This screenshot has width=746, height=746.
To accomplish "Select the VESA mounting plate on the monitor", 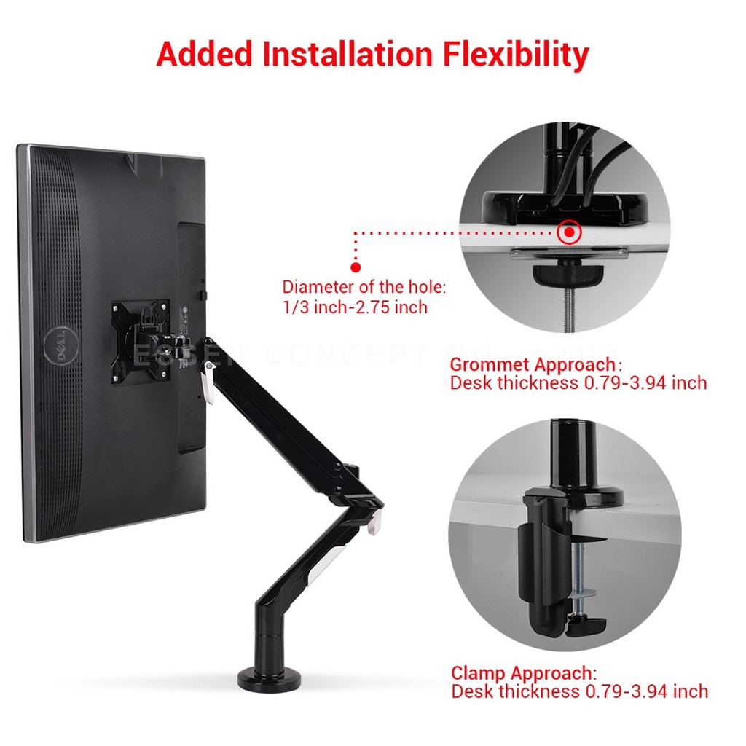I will point(140,342).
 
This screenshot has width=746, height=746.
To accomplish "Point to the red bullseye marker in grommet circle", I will point(569,233).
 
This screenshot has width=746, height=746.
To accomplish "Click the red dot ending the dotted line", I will point(356,267).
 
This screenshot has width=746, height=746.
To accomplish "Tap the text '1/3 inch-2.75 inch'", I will point(355,307).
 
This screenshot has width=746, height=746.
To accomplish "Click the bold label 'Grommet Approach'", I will point(533,364).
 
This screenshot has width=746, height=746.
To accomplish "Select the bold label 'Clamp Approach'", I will point(523,672).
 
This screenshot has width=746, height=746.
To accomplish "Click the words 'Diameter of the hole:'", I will point(364,287).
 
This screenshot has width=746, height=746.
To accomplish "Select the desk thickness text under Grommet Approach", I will point(578,383).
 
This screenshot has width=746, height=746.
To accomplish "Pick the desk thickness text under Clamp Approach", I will point(579,691).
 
